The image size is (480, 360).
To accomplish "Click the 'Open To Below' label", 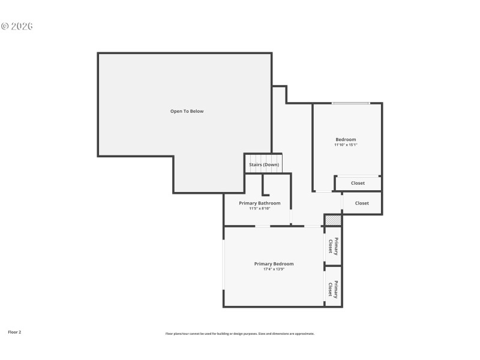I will [x=187, y=111].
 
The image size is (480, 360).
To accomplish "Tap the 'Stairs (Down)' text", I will [x=264, y=164].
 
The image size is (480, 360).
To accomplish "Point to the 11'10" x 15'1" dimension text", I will [x=346, y=145].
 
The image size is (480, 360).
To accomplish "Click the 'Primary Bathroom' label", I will [x=259, y=203].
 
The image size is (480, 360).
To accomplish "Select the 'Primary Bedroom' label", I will [x=274, y=263].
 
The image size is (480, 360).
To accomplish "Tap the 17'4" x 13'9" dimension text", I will [x=274, y=269].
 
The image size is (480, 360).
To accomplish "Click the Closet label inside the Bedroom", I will [x=358, y=183].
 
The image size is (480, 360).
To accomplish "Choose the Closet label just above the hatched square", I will [x=362, y=203].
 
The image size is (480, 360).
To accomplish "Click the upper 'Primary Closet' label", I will [x=333, y=246].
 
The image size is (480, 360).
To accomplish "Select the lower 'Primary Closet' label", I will [x=333, y=289].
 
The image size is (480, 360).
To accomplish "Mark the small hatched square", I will [x=333, y=220].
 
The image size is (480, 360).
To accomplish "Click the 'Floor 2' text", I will [x=14, y=331].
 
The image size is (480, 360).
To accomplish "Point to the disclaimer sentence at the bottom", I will [x=239, y=334].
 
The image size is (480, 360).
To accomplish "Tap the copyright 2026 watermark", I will [x=17, y=26].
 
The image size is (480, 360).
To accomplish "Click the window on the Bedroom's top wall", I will [x=351, y=103].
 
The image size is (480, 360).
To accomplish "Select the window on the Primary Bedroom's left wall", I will [x=224, y=264].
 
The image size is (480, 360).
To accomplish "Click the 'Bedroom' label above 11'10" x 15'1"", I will [x=346, y=139].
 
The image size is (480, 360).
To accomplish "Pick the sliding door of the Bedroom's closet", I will [x=358, y=176].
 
